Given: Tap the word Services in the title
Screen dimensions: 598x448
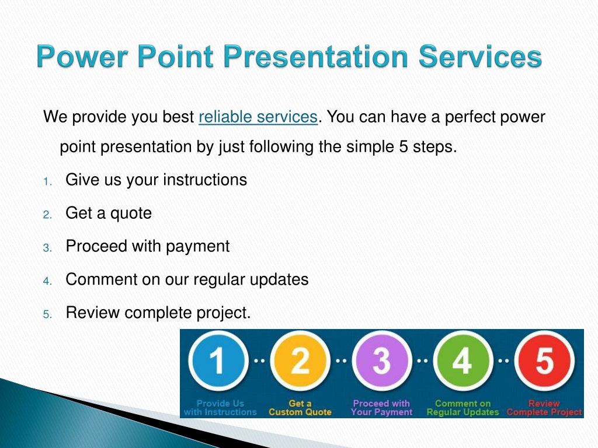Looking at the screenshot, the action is click(x=481, y=56).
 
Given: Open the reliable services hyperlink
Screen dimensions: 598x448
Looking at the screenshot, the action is click(x=258, y=117).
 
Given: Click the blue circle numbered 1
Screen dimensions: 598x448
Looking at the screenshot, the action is click(x=218, y=360).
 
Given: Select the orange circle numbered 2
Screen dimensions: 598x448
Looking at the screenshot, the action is click(x=300, y=360).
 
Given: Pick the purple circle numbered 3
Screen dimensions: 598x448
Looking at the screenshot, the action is click(x=381, y=360).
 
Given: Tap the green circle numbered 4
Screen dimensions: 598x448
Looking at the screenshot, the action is click(x=463, y=360).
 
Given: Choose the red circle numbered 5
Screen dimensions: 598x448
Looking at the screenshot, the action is click(x=545, y=360).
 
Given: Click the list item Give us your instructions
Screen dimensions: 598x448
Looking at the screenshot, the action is click(x=157, y=180).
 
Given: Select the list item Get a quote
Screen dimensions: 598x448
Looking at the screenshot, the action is click(x=109, y=213).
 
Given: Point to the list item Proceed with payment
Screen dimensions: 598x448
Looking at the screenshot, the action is click(x=148, y=247).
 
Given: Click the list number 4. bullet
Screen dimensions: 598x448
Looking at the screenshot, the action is click(x=47, y=282).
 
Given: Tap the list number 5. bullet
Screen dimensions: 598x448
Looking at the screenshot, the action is click(x=47, y=314).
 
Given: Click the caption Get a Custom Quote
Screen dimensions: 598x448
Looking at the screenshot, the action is click(x=300, y=408).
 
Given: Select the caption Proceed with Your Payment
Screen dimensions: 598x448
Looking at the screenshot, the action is click(x=381, y=408).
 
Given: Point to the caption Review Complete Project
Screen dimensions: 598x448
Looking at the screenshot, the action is click(x=545, y=408).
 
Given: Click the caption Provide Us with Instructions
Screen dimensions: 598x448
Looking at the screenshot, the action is click(x=220, y=408).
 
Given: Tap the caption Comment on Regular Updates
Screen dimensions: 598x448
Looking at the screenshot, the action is click(x=463, y=408).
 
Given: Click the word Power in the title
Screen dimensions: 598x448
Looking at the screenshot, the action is click(x=82, y=56).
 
